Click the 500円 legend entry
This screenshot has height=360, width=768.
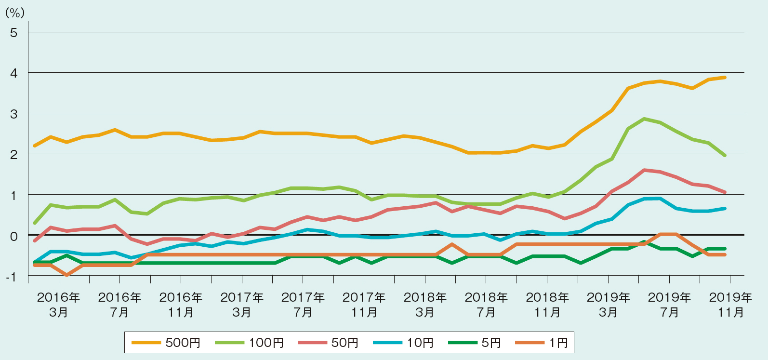click(166, 343)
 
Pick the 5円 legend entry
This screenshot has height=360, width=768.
click(475, 343)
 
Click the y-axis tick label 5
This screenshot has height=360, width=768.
click(13, 32)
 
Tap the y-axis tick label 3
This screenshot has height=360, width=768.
click(13, 114)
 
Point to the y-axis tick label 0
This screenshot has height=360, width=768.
click(13, 236)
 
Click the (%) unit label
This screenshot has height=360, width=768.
click(14, 13)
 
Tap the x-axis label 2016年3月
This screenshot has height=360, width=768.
click(58, 305)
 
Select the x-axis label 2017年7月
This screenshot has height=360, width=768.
click(303, 305)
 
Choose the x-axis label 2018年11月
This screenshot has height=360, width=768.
click(547, 305)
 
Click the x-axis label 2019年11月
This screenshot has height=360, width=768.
click(730, 305)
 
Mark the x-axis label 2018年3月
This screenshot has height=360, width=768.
click(425, 305)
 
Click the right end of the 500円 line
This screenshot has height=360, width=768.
click(725, 77)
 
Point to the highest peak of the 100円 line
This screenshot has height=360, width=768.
click(644, 119)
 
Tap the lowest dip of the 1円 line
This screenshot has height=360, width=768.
click(66, 275)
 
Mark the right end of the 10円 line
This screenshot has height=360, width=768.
click(725, 208)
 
